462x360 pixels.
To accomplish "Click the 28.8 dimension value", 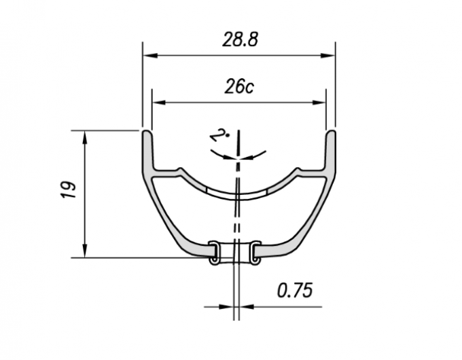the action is coord(240,40).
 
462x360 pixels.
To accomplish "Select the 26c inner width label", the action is coord(239,87).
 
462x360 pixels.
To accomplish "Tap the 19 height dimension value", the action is coord(69,190).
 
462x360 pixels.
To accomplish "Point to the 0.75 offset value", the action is coord(295,291).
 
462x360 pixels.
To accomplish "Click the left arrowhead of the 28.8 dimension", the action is coord(150,56).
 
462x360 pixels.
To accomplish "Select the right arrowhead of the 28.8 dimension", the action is coord(328,56).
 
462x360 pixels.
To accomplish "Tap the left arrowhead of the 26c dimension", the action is coord(159,103).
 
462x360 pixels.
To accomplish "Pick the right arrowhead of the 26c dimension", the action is coord(319,103).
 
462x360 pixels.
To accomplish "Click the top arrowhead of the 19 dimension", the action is coord(85,138).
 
